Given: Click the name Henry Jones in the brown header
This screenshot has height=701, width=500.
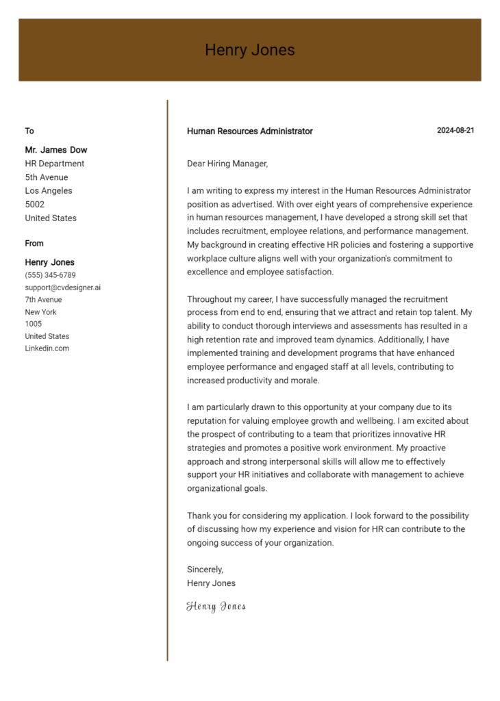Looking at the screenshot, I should [249, 50].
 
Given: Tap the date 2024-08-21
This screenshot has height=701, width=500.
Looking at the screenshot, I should [455, 131].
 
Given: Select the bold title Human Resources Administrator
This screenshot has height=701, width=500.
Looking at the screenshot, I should [249, 131].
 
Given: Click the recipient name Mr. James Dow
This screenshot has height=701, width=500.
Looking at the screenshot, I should [56, 150].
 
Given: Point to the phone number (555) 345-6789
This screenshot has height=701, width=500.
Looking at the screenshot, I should [50, 275].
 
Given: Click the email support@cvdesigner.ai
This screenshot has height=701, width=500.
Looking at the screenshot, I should [62, 288].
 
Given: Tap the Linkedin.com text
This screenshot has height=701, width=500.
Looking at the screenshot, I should [47, 348].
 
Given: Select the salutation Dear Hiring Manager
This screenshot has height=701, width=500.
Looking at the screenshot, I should [227, 164].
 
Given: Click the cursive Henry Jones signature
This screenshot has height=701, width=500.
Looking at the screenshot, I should [216, 607].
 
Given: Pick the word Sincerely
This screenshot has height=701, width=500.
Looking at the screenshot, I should [205, 570].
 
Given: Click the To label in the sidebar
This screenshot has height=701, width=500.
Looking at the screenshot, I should [29, 131].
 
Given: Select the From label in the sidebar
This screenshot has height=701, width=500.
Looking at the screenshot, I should [34, 243].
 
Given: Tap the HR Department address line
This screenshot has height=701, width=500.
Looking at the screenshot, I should [55, 164].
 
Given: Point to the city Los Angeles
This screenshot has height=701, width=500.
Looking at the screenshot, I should [49, 191].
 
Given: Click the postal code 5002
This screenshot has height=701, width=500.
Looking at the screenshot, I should [34, 205].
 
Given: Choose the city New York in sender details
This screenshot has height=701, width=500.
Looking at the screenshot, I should [41, 312].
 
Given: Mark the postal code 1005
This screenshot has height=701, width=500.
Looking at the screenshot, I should [33, 324].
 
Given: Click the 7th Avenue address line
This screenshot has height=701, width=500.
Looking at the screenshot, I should [43, 300].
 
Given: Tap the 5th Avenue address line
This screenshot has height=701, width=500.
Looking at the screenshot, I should [47, 177].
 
